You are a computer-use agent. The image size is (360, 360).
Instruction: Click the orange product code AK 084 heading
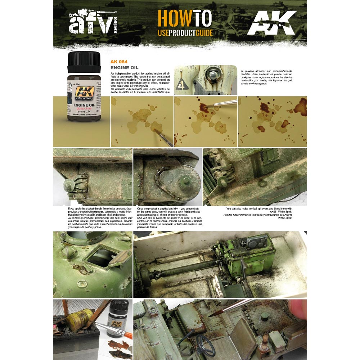pyautogui.click(x=119, y=62)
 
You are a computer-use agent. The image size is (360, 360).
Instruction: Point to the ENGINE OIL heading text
pyautogui.click(x=125, y=67)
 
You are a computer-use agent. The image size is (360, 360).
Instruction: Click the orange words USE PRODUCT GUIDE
pyautogui.click(x=185, y=33)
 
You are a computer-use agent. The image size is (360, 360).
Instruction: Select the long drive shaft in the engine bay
pyautogui.click(x=180, y=270)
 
